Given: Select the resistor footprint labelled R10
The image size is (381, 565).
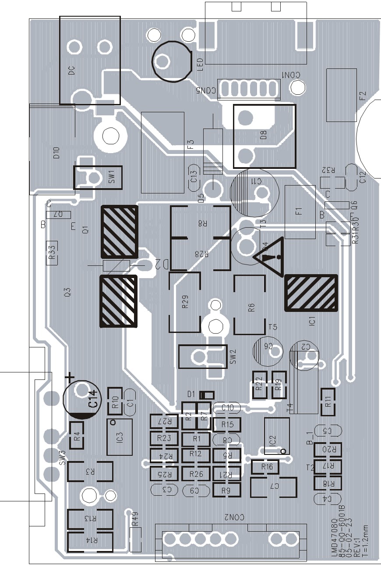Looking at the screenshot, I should click(x=115, y=401).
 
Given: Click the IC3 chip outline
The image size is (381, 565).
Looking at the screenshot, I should click(x=120, y=437).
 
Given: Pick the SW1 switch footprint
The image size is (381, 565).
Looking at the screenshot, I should click(x=98, y=177).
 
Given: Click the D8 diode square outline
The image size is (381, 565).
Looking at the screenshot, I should click(x=264, y=136).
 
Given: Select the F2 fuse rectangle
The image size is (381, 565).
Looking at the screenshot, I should click(x=342, y=95).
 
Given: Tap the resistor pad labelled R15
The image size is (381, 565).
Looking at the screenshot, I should click(x=227, y=424).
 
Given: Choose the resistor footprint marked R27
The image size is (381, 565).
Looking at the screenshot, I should click(x=163, y=421).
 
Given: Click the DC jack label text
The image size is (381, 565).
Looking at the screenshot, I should click(x=72, y=70).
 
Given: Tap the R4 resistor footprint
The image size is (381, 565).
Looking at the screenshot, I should click(x=77, y=436).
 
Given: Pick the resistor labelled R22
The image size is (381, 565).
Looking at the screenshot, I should click(x=258, y=385).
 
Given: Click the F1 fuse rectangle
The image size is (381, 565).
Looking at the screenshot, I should click(x=300, y=212).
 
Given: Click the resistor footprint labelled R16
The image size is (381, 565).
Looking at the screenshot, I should click(x=267, y=467).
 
